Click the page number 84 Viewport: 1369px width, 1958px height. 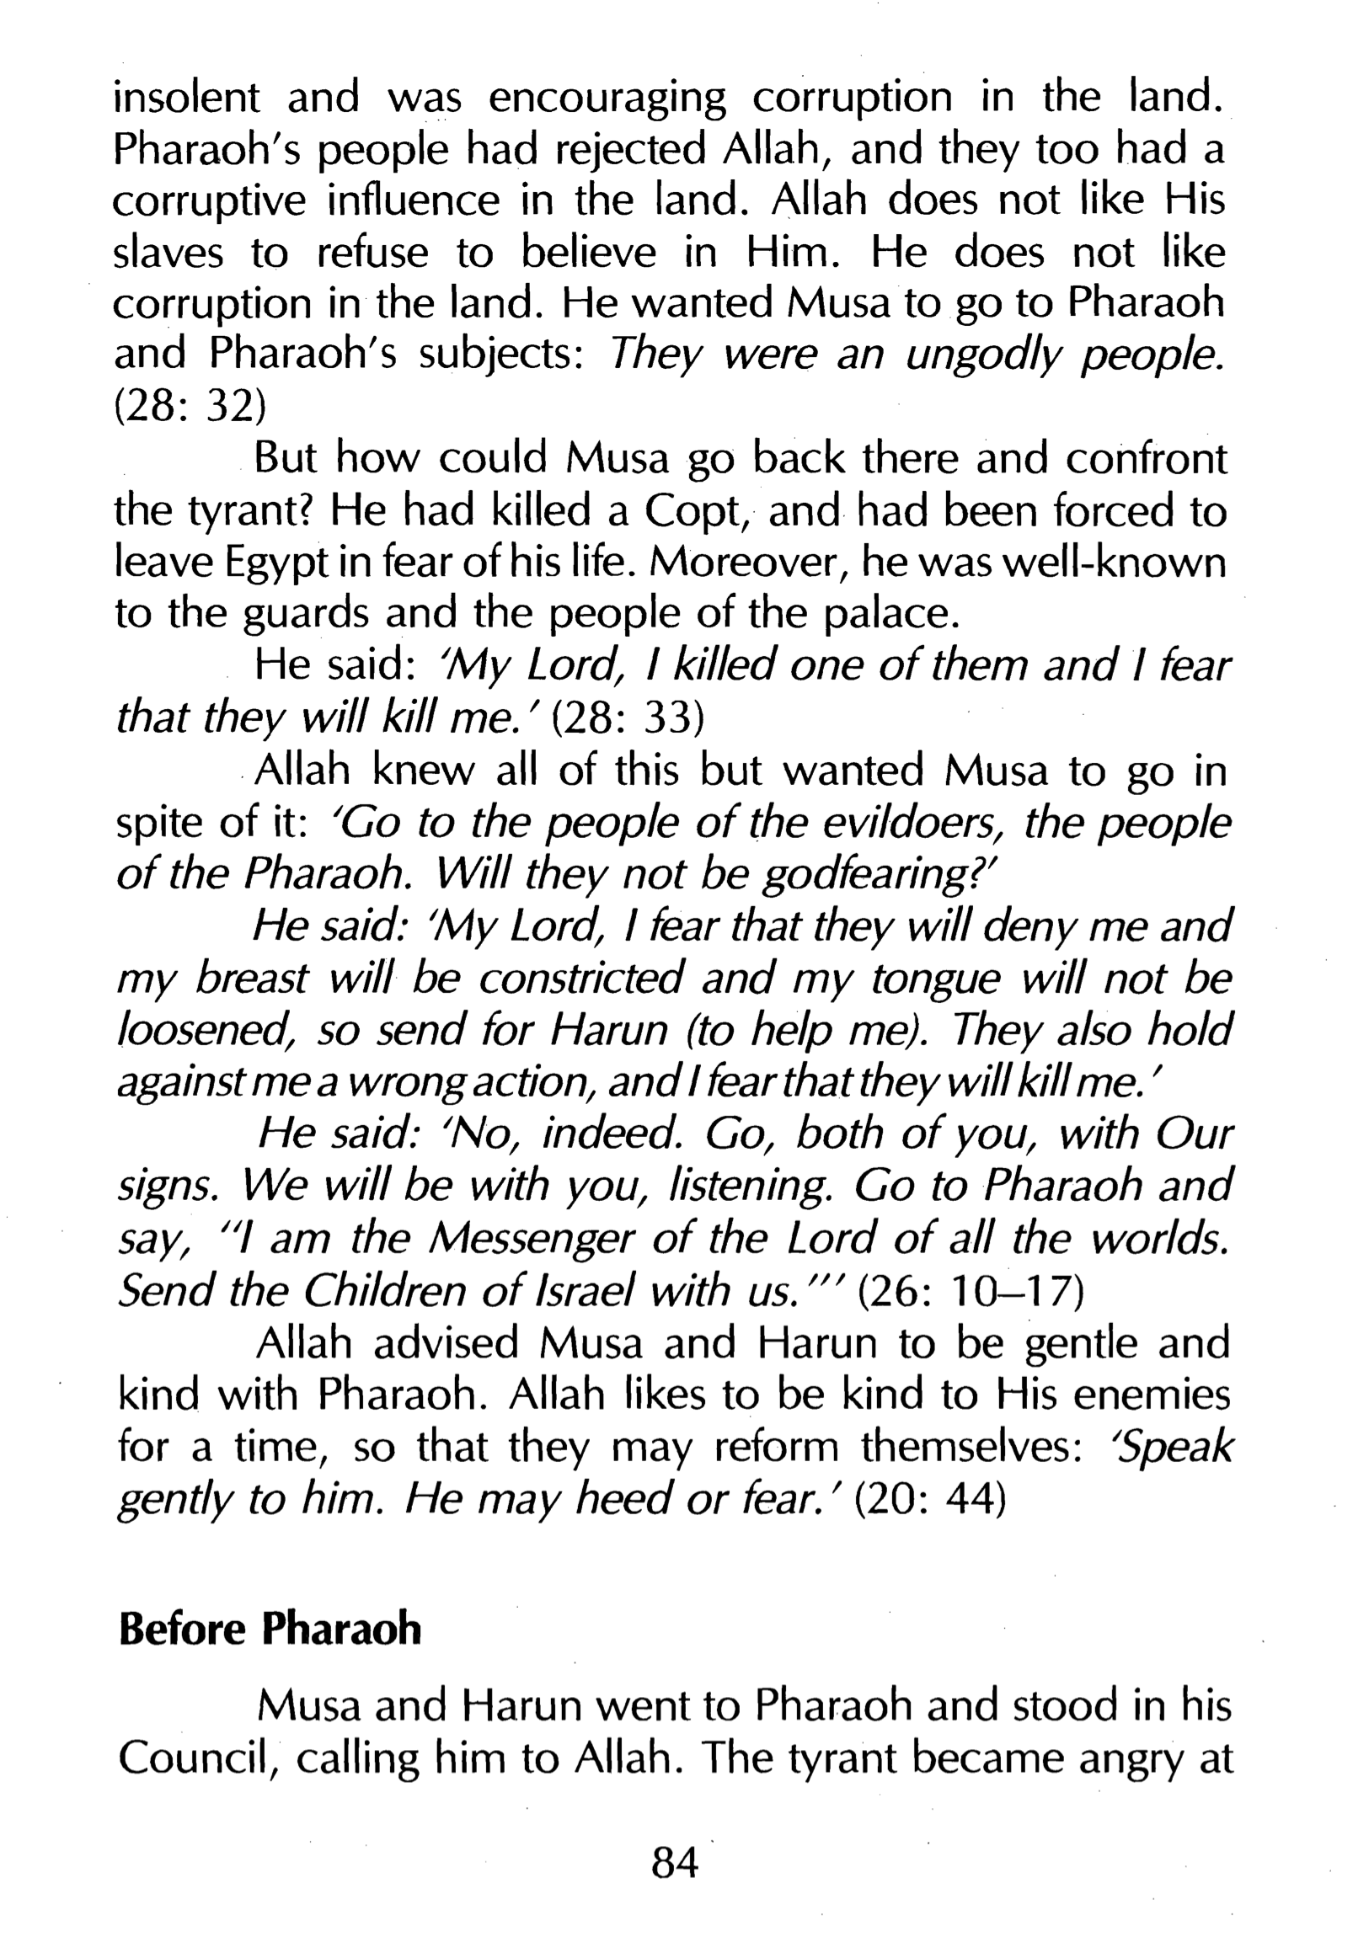click(x=674, y=1864)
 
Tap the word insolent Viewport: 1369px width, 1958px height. click(x=187, y=97)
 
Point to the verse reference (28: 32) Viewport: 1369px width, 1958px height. click(x=190, y=406)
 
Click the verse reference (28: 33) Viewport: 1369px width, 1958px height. click(x=628, y=718)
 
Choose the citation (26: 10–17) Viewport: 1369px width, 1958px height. click(x=969, y=1291)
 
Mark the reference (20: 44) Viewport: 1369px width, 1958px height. click(x=931, y=1498)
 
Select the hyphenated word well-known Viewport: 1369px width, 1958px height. click(x=1113, y=563)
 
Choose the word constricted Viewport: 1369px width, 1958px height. click(x=580, y=979)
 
